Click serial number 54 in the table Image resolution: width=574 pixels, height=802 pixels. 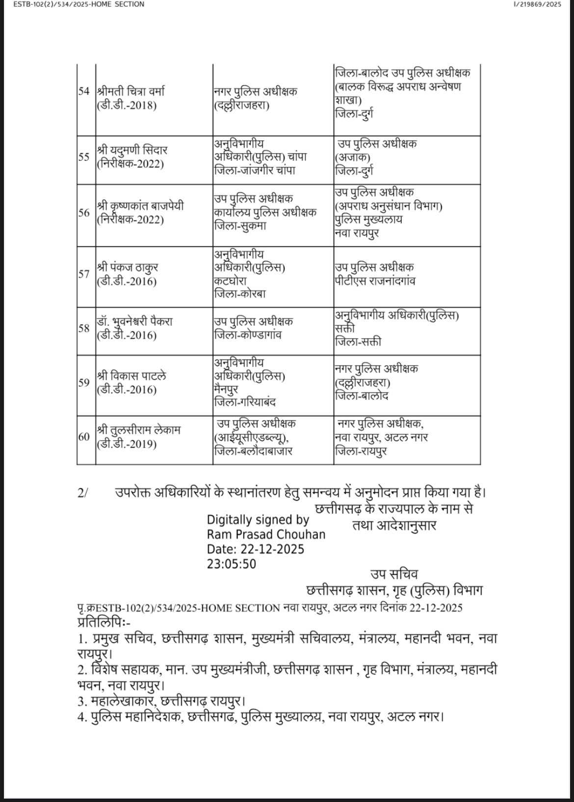[x=84, y=92]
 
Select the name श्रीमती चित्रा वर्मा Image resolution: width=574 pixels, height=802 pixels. [x=130, y=92]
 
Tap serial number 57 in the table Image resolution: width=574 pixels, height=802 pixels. [x=84, y=274]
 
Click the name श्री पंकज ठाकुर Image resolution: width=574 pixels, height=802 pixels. [x=127, y=268]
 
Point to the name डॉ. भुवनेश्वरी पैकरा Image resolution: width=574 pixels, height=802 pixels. [x=134, y=322]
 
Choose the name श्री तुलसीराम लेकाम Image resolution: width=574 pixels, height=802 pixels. [x=139, y=430]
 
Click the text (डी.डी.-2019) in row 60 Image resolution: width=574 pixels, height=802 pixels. [x=127, y=444]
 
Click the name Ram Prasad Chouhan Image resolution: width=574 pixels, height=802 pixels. [x=266, y=534]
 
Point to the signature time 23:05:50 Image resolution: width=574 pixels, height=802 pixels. [x=231, y=563]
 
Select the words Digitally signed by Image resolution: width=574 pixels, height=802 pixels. [x=258, y=520]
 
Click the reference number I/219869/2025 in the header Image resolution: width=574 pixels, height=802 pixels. [x=530, y=4]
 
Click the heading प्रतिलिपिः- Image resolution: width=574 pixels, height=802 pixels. [x=104, y=623]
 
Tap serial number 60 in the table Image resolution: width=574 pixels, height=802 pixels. [x=84, y=437]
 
